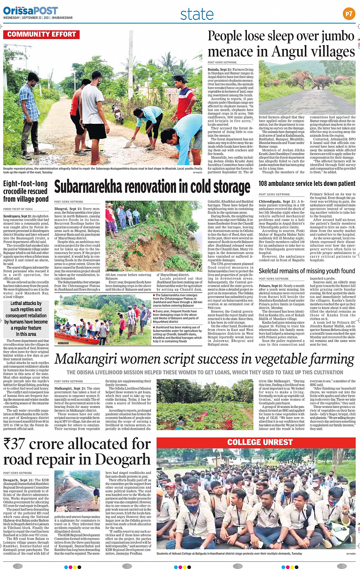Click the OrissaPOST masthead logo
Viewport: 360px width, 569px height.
[25, 11]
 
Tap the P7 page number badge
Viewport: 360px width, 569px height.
[349, 14]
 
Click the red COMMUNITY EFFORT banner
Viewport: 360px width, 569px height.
[41, 35]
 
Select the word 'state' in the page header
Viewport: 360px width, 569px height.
[197, 14]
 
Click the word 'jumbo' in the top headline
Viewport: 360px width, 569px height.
[335, 36]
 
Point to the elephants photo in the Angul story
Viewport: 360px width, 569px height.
[307, 87]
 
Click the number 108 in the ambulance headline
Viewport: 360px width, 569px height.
[263, 184]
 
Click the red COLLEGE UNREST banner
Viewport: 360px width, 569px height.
[260, 442]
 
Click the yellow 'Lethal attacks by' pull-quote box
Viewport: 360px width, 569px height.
[26, 318]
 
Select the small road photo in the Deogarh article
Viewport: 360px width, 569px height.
[77, 491]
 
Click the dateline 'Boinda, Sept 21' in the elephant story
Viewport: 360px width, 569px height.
[219, 70]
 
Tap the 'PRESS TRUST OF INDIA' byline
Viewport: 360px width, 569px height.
[18, 209]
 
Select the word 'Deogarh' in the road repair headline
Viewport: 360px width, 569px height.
[122, 460]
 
